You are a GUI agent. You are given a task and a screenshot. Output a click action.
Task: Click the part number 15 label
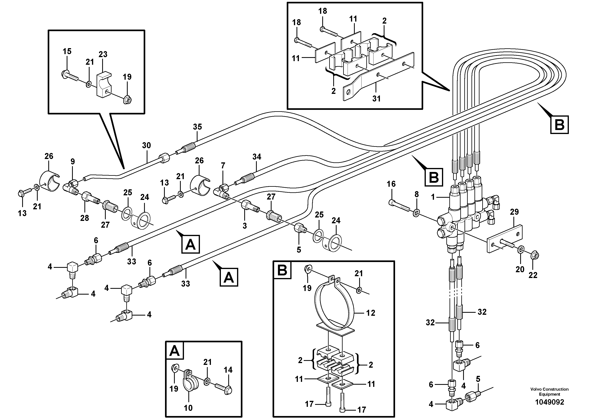[67, 51]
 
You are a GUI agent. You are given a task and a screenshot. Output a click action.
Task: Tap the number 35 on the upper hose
[197, 127]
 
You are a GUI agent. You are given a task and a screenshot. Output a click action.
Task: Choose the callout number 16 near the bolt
[391, 184]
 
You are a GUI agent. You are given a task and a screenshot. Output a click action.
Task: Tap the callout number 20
[520, 269]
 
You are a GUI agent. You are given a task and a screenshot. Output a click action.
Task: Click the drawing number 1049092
[550, 402]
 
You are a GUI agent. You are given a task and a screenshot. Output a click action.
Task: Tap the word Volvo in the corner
[536, 389]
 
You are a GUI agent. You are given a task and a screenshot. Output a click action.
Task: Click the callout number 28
[85, 218]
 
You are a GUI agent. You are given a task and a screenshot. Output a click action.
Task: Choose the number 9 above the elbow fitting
[73, 162]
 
